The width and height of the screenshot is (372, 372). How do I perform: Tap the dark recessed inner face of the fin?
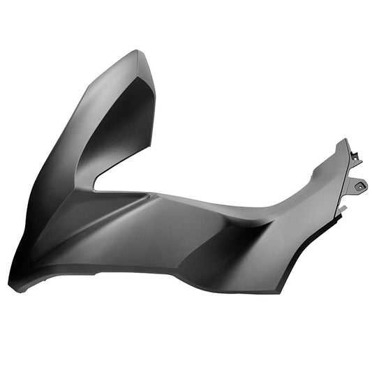[x=124, y=133]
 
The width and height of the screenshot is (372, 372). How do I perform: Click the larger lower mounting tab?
[x=357, y=185]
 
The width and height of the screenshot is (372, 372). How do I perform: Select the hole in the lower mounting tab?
[x=361, y=185]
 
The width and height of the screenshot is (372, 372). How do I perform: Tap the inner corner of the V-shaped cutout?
[x=96, y=186]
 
